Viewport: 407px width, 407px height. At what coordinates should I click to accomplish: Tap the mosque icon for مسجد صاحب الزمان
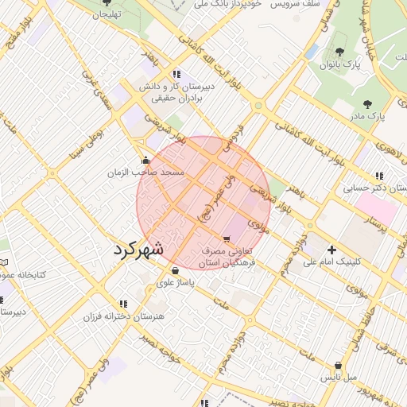click(145, 159)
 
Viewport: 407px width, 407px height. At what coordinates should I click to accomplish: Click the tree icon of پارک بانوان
click(340, 52)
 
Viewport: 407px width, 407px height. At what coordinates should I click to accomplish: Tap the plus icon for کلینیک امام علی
click(332, 250)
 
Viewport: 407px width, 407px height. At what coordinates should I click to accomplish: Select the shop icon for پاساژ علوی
click(175, 270)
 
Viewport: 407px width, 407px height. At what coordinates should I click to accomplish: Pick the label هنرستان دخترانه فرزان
click(123, 316)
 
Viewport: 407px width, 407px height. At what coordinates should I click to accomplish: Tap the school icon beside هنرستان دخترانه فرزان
click(122, 304)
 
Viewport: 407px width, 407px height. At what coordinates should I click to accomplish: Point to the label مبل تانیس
click(339, 378)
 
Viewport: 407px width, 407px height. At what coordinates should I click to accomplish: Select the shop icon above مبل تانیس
click(339, 366)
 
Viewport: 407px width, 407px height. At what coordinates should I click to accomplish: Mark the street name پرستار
click(382, 223)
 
